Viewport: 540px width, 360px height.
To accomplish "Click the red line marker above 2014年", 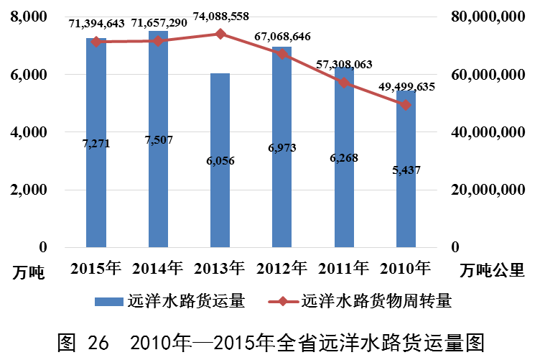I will pos(158,40).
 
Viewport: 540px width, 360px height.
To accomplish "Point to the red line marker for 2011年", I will pos(344,82).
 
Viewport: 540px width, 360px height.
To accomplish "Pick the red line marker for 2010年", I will pos(406,105).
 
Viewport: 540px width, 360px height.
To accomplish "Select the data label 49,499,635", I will pos(406,87).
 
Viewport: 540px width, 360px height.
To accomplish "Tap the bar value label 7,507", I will pos(159,140).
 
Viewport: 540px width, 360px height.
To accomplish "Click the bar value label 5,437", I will pos(405,170).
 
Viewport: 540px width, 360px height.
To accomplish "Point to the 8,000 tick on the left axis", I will pos(32,17).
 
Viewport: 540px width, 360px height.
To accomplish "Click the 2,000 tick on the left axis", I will pos(32,190).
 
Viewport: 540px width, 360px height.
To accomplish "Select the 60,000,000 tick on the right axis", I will pos(492,75).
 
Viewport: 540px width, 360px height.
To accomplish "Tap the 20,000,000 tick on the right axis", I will pos(492,190).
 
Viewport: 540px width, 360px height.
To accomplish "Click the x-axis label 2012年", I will pos(281,269).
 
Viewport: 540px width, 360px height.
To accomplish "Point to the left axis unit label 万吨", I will pos(29,273).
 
